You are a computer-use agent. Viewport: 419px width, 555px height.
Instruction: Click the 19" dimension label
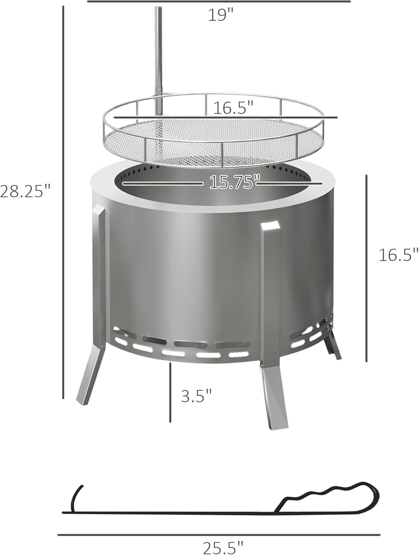pos(221,15)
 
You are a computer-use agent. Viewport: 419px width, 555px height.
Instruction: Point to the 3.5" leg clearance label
pos(196,396)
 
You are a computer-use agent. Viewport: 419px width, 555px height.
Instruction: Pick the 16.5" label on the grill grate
pos(233,108)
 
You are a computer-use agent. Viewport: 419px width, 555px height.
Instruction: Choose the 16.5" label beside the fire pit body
pos(398,255)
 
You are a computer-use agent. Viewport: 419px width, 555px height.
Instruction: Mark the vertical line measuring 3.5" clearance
pos(170,392)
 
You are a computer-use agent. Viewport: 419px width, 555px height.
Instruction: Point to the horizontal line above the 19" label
pos(219,1)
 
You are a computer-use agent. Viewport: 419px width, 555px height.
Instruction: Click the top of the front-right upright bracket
pos(270,226)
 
